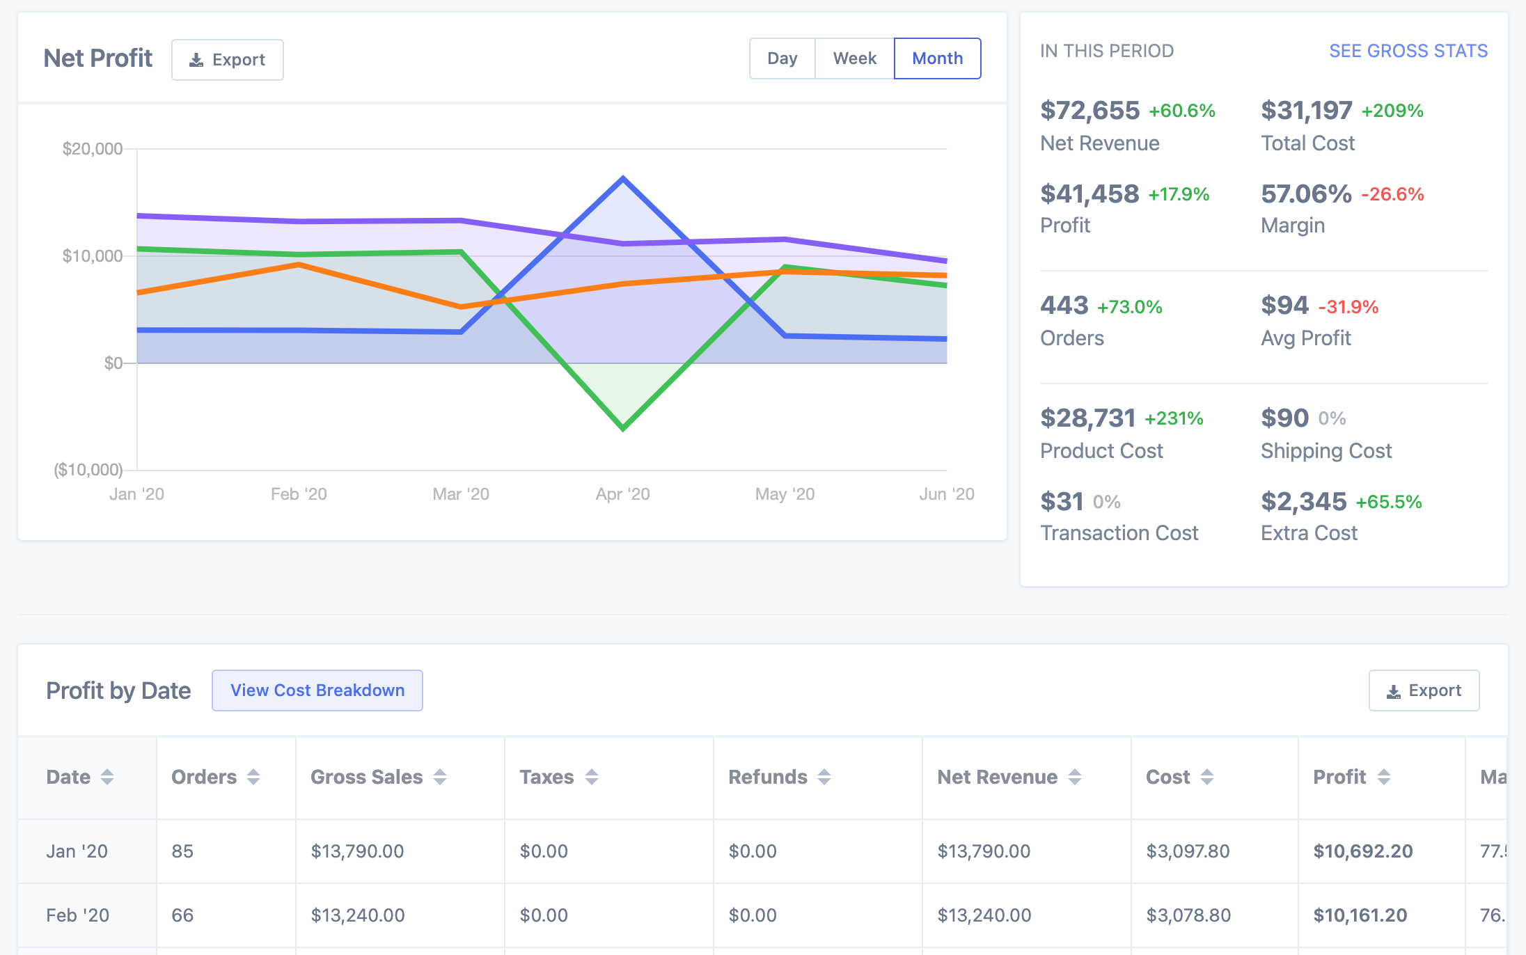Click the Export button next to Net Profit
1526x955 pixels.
click(x=228, y=60)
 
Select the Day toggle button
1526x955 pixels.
click(x=782, y=58)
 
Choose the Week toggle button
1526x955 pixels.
click(x=855, y=58)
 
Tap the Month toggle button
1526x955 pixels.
click(x=938, y=58)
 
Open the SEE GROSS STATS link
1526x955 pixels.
click(x=1408, y=51)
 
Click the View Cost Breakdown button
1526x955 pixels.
click(x=317, y=690)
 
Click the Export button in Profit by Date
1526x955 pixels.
click(x=1424, y=690)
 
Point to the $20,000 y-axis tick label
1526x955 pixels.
click(x=93, y=148)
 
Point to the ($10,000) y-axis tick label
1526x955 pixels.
click(x=88, y=470)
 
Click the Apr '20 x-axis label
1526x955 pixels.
click(x=622, y=494)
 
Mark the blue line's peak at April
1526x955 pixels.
click(x=623, y=178)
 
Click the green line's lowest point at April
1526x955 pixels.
click(x=623, y=428)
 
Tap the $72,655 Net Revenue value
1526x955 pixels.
click(x=1090, y=110)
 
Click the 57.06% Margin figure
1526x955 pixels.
click(x=1306, y=194)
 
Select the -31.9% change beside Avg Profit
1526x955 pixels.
click(x=1348, y=307)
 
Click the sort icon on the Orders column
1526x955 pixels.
click(x=253, y=777)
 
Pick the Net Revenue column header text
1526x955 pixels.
click(x=998, y=777)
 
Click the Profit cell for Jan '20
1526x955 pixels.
click(x=1363, y=851)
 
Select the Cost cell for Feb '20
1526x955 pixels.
click(x=1188, y=915)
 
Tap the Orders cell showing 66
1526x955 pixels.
click(x=182, y=915)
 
